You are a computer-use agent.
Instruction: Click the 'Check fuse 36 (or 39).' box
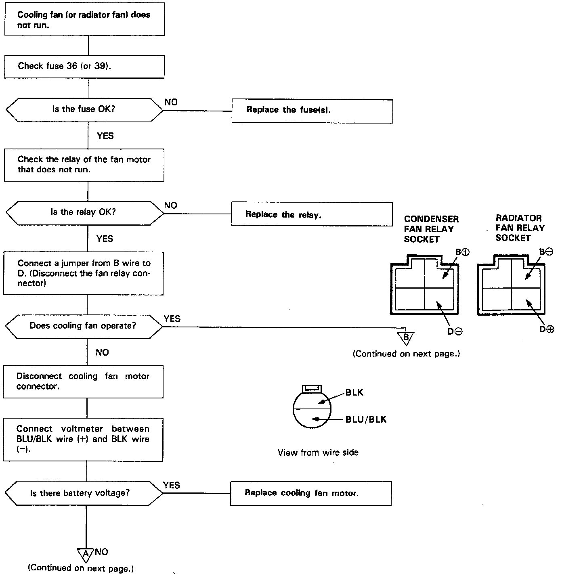tap(84, 67)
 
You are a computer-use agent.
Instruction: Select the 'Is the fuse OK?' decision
tap(84, 109)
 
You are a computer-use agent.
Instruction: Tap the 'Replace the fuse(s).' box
tap(312, 111)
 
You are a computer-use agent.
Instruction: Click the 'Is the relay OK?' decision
tap(84, 213)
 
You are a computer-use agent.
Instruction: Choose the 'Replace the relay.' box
tap(311, 214)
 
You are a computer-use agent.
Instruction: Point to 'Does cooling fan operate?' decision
tap(84, 326)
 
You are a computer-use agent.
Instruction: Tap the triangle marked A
tap(86, 555)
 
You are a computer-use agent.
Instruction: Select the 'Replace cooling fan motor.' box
tap(310, 493)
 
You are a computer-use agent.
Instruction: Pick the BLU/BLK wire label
tap(366, 420)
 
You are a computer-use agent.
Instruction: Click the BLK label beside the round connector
tap(354, 392)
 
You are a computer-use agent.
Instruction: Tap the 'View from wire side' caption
tap(318, 452)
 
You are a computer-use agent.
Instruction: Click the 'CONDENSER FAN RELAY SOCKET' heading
tap(431, 229)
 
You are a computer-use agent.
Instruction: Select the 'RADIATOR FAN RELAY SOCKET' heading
tap(520, 228)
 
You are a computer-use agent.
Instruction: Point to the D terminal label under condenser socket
tap(455, 331)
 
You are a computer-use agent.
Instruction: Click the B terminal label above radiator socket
tap(547, 251)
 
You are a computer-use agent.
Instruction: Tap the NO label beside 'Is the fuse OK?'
tap(171, 102)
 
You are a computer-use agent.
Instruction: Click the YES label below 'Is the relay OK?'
tap(105, 239)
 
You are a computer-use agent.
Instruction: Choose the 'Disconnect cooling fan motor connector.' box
tap(83, 381)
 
